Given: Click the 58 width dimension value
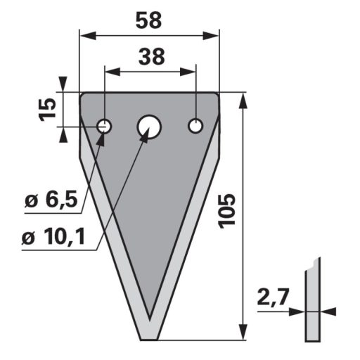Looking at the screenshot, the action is click(148, 20).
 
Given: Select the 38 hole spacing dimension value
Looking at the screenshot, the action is click(152, 57).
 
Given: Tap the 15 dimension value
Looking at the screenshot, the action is click(48, 110).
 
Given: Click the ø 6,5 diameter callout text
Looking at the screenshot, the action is click(51, 200).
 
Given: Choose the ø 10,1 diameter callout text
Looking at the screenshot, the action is click(53, 237).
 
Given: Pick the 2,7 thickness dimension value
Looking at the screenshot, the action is click(272, 297).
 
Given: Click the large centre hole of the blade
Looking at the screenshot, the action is click(149, 127).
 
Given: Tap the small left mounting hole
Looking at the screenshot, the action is click(105, 127).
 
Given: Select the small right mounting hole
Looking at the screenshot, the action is click(195, 126).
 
